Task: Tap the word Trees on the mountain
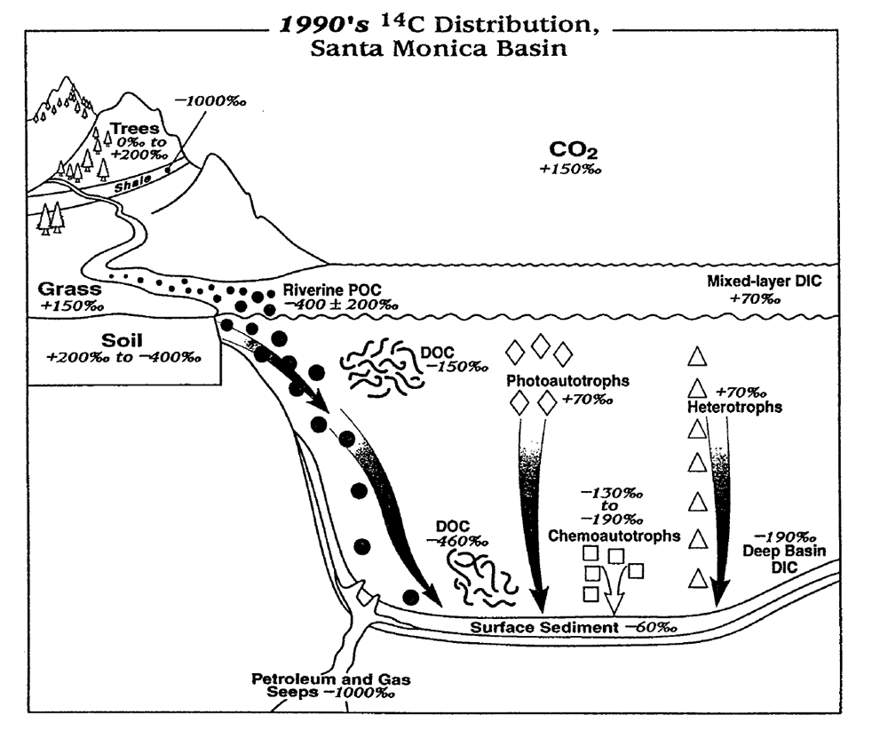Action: tap(140, 130)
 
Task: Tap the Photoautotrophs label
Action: tap(567, 381)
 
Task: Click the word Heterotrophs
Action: tap(733, 408)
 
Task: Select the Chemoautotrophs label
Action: tap(614, 536)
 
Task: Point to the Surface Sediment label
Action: tap(543, 628)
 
